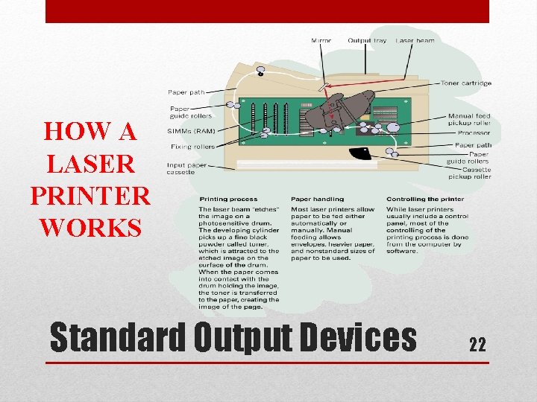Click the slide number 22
click(x=477, y=344)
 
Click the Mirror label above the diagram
click(x=321, y=40)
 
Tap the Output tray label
click(x=367, y=40)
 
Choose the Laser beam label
click(x=415, y=40)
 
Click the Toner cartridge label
click(x=465, y=83)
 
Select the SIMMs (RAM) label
click(x=192, y=130)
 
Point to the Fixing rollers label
click(x=191, y=147)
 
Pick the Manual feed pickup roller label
click(x=469, y=120)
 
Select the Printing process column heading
click(x=227, y=199)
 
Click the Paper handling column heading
click(x=317, y=199)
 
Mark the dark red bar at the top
click(x=267, y=11)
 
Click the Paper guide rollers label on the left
click(x=191, y=112)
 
